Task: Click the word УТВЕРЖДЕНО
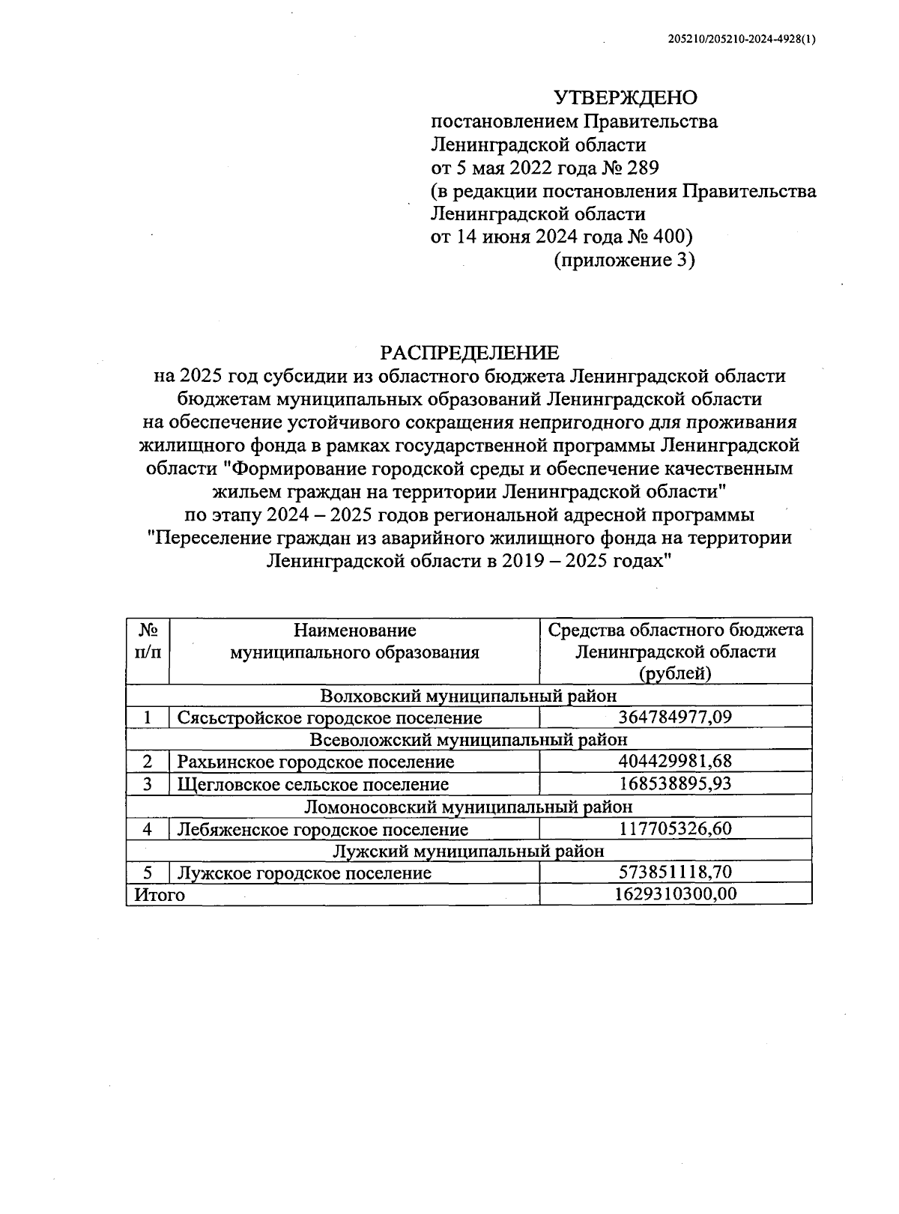625,98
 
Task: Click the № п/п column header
148,641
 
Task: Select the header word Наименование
354,630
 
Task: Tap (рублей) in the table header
675,673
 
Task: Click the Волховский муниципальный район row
469,696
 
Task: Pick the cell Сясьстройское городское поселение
330,717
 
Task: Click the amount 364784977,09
675,717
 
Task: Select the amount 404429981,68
675,762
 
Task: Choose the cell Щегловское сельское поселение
313,784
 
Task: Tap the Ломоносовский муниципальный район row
469,807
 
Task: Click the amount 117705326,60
675,829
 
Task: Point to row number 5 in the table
148,872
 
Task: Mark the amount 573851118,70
675,872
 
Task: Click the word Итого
159,894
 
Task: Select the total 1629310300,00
675,894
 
